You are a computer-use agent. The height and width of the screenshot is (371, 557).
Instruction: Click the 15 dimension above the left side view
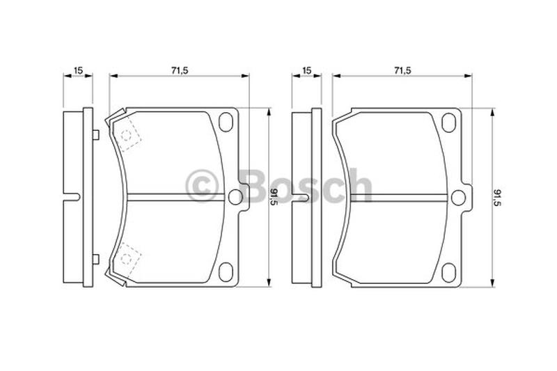(x=78, y=70)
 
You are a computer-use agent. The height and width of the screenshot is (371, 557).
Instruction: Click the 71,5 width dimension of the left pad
(x=179, y=70)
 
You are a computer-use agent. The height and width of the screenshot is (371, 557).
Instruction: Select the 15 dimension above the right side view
(x=306, y=70)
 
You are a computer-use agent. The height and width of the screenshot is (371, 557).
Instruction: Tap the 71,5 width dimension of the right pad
(x=402, y=70)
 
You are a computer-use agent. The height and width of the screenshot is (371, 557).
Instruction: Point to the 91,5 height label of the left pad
(x=274, y=197)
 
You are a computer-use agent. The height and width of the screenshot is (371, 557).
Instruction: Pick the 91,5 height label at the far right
(x=496, y=198)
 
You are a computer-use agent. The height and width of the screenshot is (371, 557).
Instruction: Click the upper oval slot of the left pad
(x=226, y=122)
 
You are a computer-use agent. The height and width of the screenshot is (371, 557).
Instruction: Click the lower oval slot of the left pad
(x=226, y=272)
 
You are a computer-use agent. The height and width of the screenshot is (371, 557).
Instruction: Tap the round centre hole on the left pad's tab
(x=235, y=197)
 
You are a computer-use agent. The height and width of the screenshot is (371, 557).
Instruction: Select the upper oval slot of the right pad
(x=448, y=123)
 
